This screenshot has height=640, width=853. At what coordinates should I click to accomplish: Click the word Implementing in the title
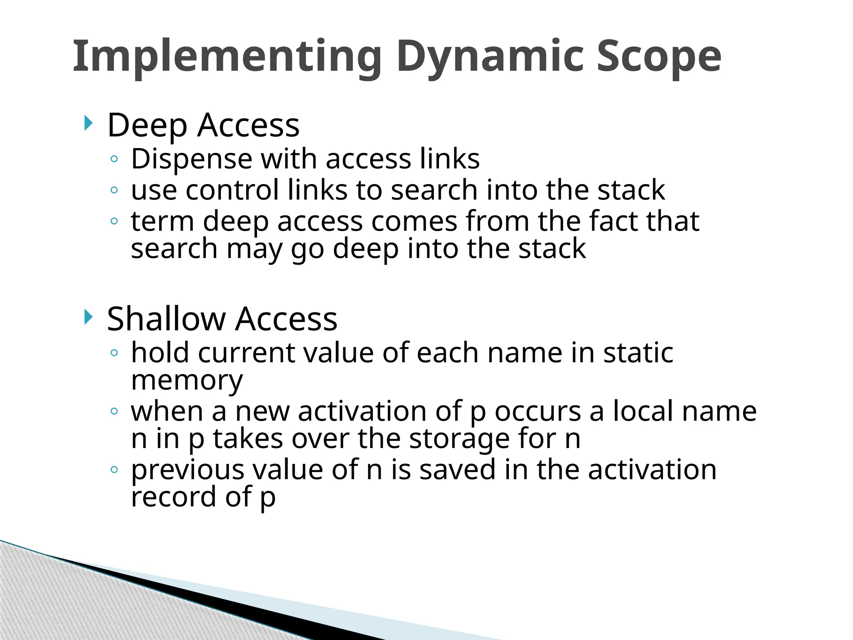[227, 56]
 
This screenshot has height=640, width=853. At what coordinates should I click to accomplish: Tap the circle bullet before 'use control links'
[114, 190]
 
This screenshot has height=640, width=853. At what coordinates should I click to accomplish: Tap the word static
[638, 352]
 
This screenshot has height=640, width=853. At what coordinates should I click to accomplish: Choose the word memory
[187, 381]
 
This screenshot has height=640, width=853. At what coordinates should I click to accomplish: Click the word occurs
[537, 411]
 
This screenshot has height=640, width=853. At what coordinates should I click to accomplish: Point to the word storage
[459, 439]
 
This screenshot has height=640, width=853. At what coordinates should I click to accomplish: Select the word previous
[187, 470]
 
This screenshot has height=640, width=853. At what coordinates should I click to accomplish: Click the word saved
[457, 470]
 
